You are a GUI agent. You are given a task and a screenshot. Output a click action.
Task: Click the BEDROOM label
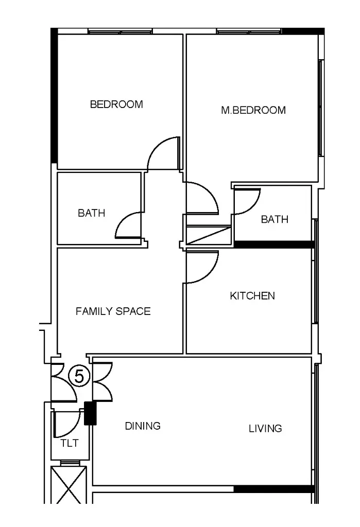coord(116,104)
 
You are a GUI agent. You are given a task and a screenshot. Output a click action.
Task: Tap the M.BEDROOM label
coord(253,110)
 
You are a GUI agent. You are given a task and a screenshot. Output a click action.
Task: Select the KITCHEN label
coord(252,296)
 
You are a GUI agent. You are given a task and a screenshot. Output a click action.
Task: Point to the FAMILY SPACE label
coord(113,311)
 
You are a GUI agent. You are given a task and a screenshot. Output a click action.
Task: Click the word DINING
coord(143,426)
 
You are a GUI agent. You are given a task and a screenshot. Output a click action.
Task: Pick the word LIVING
coord(265,428)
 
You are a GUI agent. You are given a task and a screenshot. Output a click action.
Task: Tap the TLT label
coord(70,443)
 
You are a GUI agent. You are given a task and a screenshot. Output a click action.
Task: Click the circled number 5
coord(79,376)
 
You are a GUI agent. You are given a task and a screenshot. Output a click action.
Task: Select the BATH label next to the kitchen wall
coord(275,219)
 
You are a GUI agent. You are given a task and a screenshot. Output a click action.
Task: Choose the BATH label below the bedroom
coord(92,213)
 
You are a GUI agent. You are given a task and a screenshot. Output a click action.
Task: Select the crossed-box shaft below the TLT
coord(68,484)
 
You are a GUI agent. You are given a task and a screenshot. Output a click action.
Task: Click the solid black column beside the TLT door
coord(90,413)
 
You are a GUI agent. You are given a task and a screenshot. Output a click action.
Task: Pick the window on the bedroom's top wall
coord(120,31)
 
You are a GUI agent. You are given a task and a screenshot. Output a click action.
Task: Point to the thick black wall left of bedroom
coord(54,96)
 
